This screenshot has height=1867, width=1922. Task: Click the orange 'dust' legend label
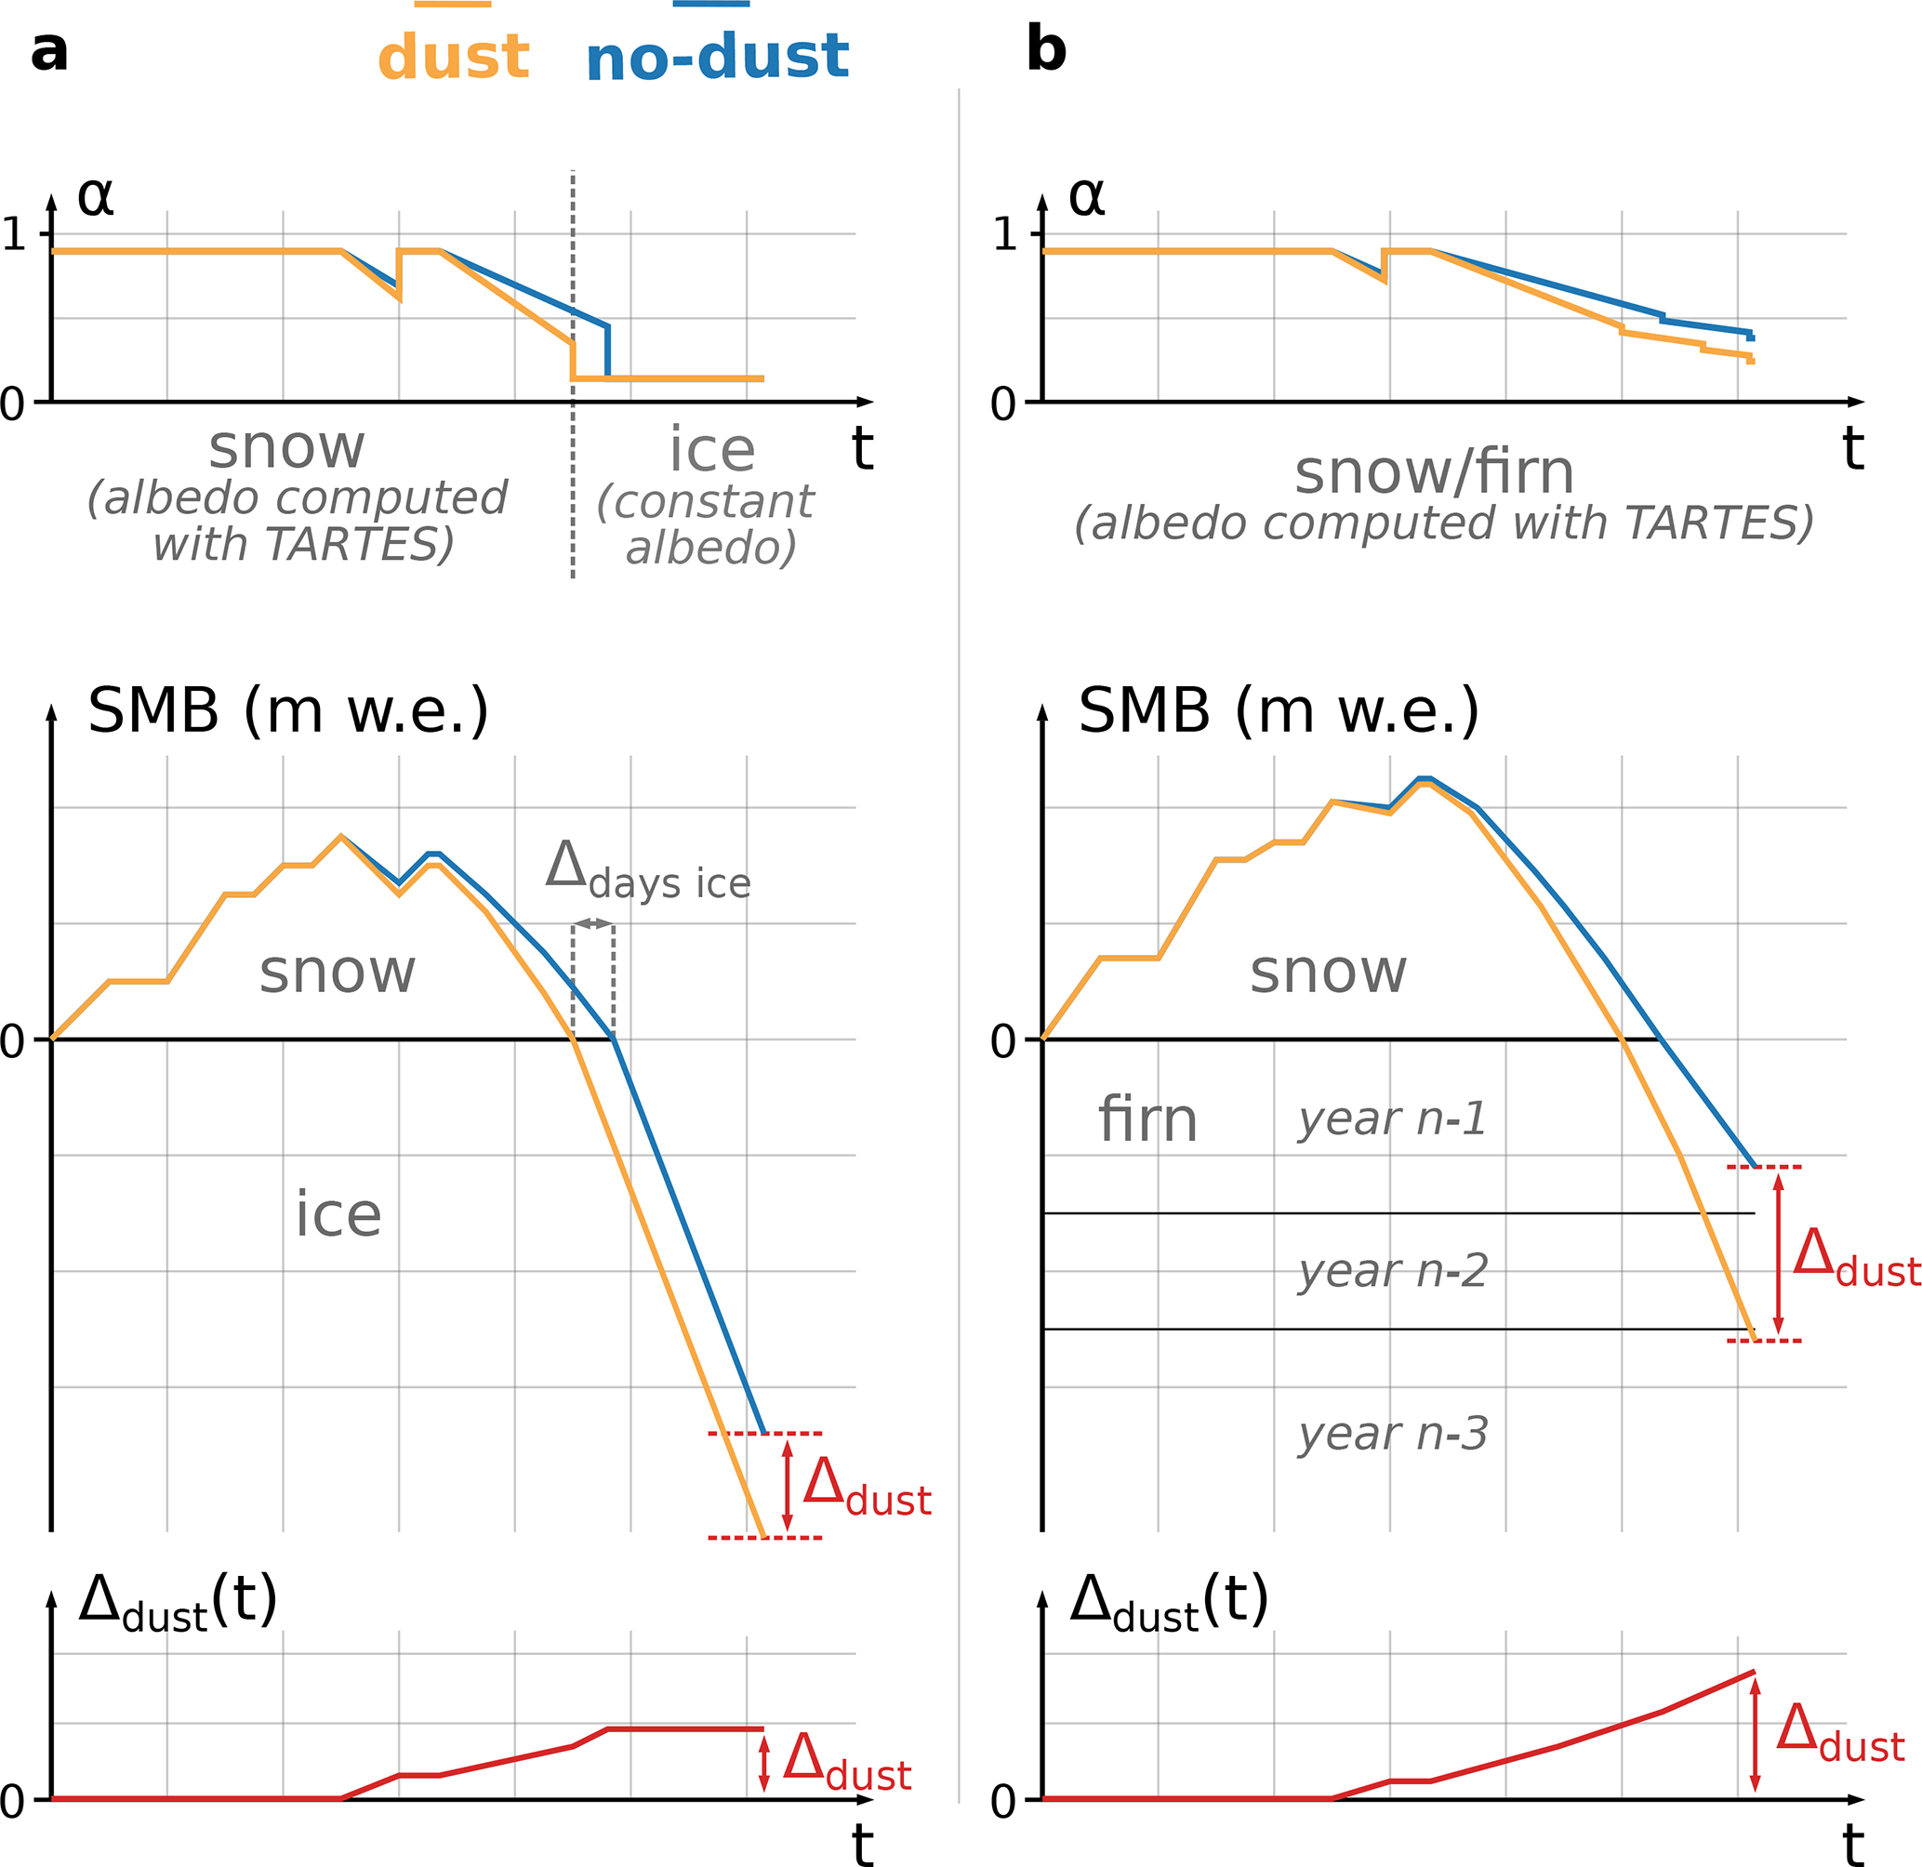click(453, 57)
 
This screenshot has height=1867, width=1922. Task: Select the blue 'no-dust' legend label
click(717, 57)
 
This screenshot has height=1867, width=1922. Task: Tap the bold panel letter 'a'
click(49, 51)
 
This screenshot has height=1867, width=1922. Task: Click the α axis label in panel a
click(95, 196)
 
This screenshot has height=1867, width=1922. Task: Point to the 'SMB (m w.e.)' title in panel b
click(1278, 710)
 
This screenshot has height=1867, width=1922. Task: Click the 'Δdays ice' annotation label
click(647, 872)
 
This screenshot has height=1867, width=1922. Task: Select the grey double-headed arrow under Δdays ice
click(593, 923)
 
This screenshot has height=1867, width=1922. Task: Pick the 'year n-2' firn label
click(1393, 1272)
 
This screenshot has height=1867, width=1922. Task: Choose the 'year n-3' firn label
click(1393, 1435)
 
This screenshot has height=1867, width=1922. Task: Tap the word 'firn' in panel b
click(1147, 1119)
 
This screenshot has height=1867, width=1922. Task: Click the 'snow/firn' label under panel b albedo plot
click(1434, 472)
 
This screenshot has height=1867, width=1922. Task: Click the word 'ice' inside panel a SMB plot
click(338, 1215)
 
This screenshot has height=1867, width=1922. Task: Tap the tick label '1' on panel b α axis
click(1004, 234)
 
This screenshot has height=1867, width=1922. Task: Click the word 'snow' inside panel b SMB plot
click(1328, 972)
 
